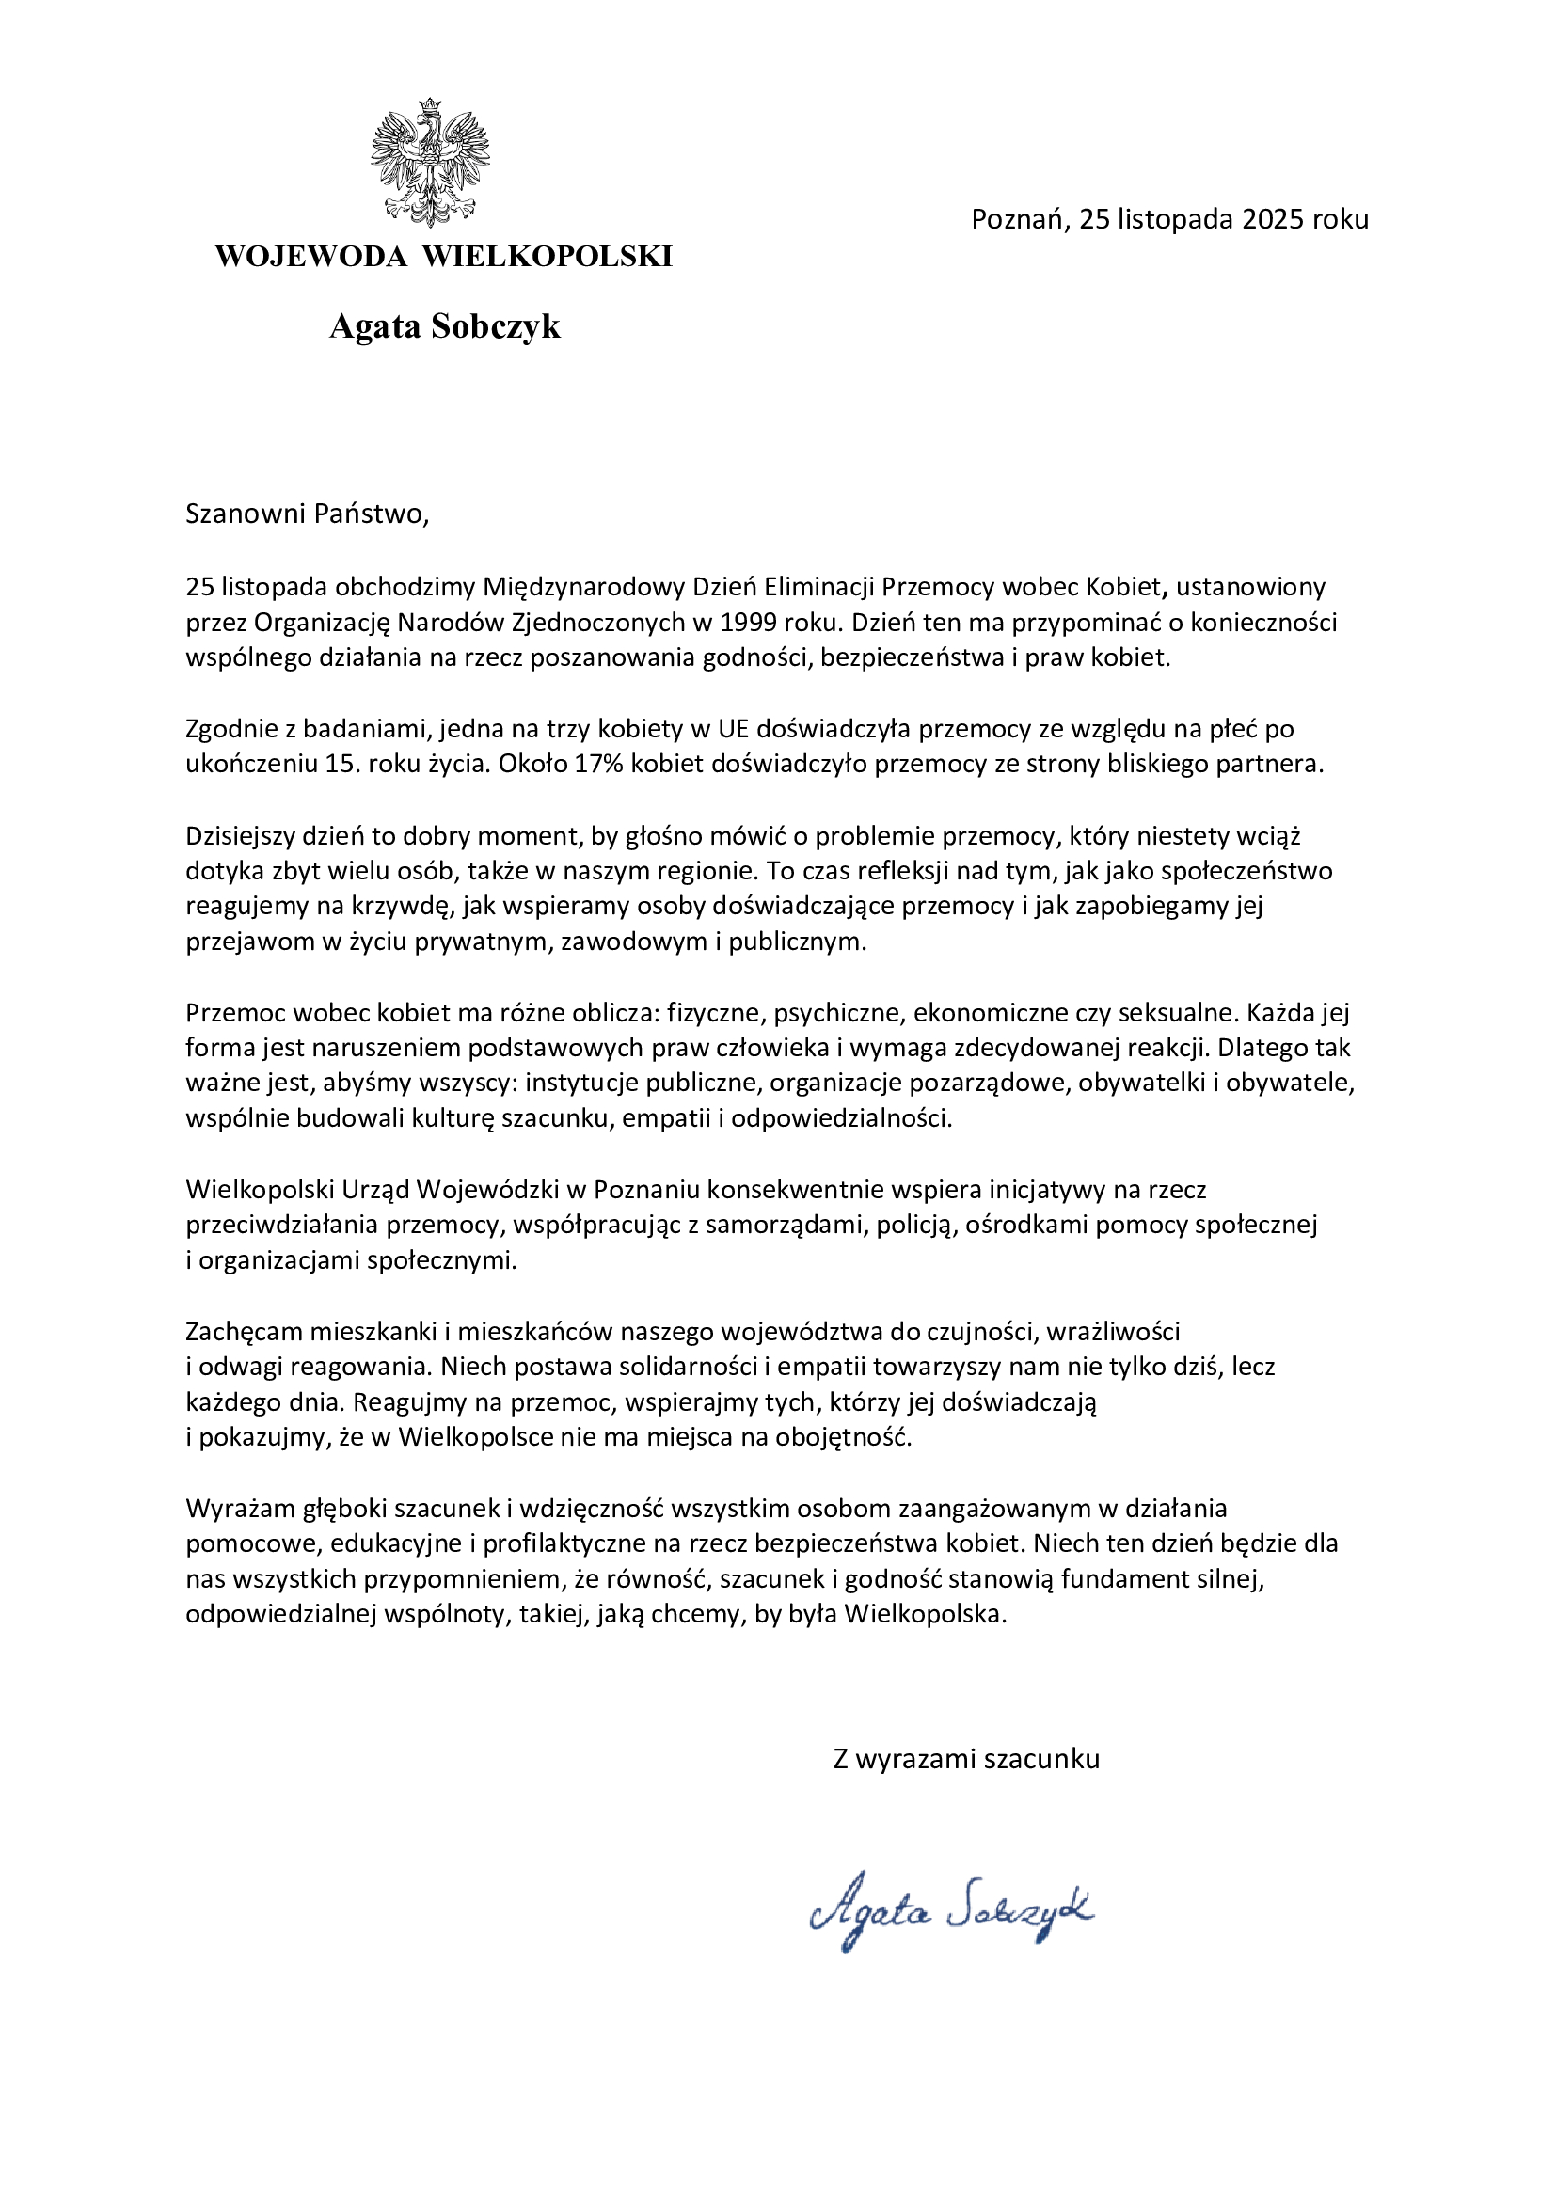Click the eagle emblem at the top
click(430, 162)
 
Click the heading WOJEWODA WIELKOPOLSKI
click(444, 257)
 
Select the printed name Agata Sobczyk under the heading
click(445, 326)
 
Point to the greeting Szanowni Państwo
click(307, 514)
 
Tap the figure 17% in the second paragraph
click(599, 764)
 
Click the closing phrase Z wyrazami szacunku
click(966, 1759)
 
